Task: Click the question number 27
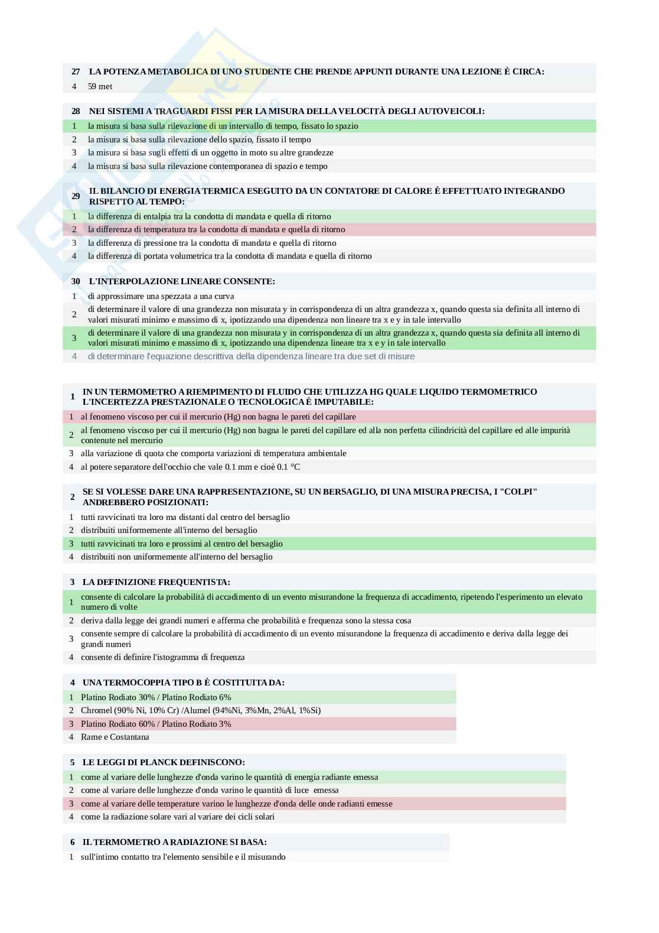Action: [x=76, y=71]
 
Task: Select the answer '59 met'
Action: [x=100, y=86]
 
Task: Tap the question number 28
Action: [x=76, y=111]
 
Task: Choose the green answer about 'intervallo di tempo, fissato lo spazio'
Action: [x=223, y=126]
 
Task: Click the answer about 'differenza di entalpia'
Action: [x=209, y=216]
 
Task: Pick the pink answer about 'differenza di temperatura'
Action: [x=216, y=229]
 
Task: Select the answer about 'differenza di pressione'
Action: [x=212, y=243]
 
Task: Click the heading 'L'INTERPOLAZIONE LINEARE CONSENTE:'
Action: [x=182, y=281]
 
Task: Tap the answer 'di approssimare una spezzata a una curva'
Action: [x=161, y=296]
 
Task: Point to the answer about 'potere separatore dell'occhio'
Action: [x=190, y=467]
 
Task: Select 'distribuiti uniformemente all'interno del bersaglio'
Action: [x=169, y=530]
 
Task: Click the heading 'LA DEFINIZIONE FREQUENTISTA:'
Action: [x=156, y=582]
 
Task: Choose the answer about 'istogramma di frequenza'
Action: [x=162, y=657]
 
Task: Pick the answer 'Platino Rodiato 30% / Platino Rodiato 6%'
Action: [x=156, y=697]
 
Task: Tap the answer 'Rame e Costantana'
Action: [x=115, y=737]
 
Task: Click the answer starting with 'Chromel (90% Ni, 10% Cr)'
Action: [x=201, y=710]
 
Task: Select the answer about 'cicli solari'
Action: [x=177, y=817]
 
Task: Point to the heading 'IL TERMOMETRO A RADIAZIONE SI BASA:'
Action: [x=174, y=842]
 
